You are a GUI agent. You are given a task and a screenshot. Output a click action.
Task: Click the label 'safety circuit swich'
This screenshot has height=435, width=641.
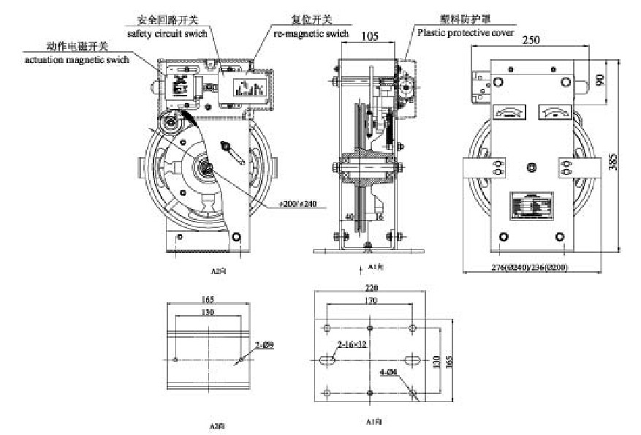coord(167,33)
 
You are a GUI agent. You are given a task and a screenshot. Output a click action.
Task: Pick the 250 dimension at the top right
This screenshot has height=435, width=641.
coord(532,42)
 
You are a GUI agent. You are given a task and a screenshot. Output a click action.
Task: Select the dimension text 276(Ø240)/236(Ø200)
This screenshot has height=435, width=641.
coord(532,268)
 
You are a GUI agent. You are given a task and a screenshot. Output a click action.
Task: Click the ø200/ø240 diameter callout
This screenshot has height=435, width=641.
coord(297,202)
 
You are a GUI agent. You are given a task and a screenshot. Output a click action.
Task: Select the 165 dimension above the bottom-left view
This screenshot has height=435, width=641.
coord(208,298)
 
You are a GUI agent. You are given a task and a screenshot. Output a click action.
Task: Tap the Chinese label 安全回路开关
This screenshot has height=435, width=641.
coord(167,19)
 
